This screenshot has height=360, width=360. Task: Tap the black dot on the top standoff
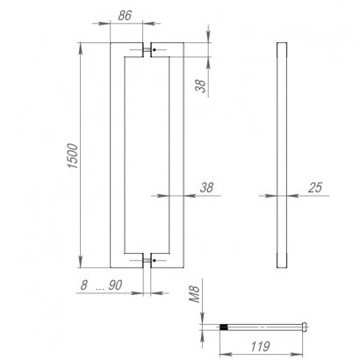pyautogui.click(x=155, y=50)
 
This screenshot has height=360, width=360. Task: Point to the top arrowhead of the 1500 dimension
pyautogui.click(x=82, y=47)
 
